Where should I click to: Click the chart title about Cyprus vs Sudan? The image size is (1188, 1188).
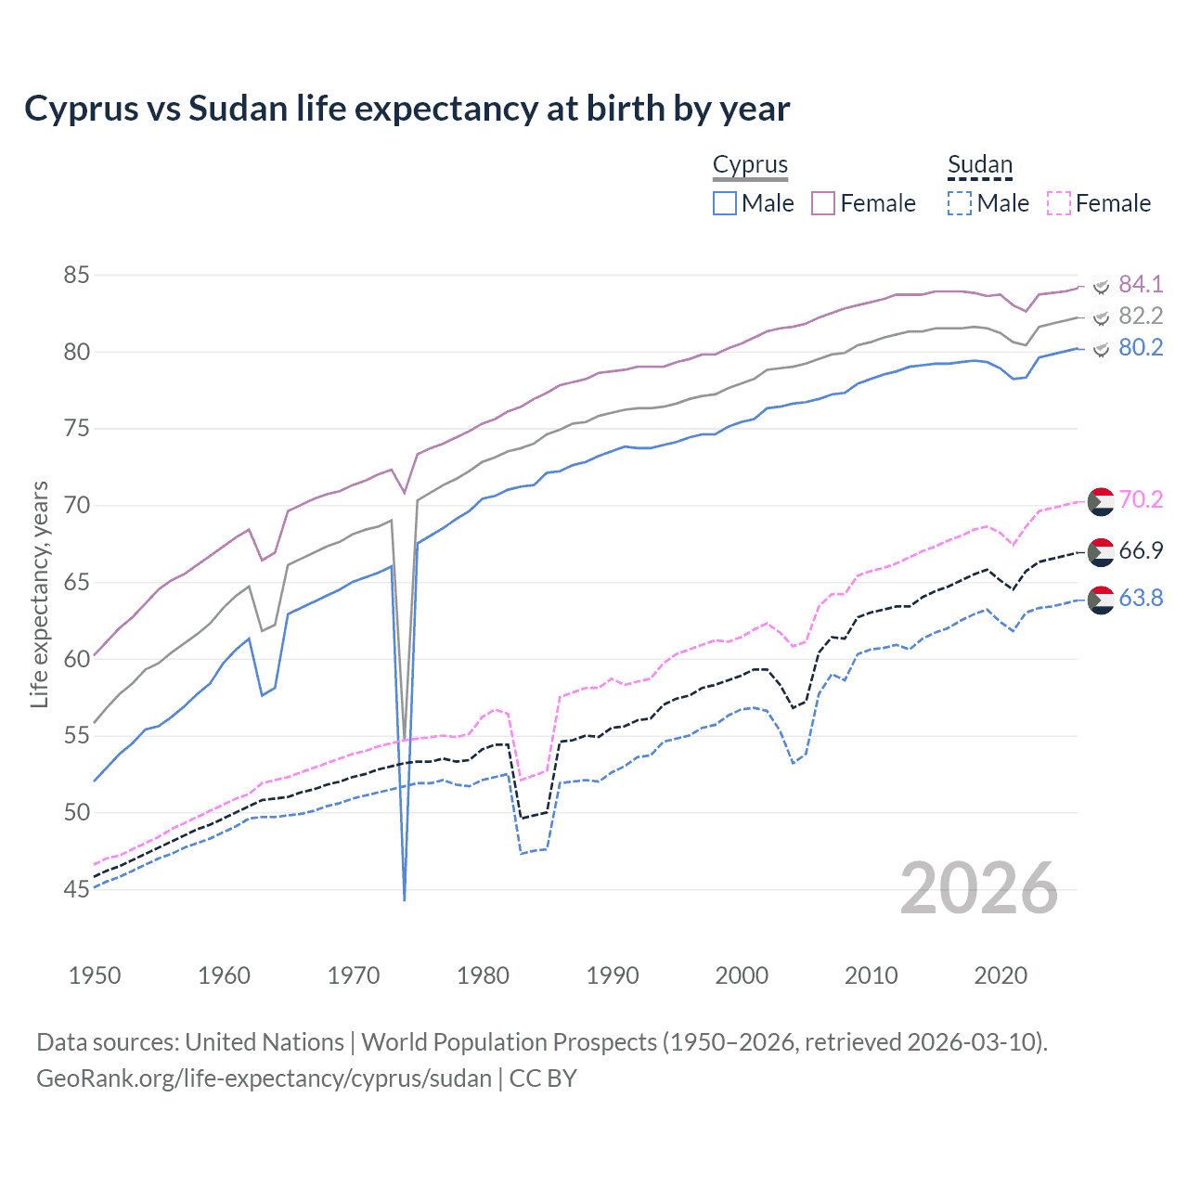(407, 109)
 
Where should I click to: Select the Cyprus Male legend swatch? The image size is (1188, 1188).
(725, 203)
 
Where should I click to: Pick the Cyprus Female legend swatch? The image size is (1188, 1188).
(823, 203)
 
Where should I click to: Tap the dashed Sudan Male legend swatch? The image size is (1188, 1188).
(960, 203)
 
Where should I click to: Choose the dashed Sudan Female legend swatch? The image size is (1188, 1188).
(1059, 203)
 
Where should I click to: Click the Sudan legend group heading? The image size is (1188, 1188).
(979, 165)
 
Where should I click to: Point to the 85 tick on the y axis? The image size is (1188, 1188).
(76, 276)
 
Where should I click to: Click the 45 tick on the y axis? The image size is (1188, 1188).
(76, 889)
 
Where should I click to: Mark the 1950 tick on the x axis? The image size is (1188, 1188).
(95, 975)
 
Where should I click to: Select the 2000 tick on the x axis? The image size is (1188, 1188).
(742, 975)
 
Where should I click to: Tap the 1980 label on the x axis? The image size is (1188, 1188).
(483, 975)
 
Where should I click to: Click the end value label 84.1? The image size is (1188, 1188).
(1140, 284)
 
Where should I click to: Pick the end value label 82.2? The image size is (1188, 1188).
(1140, 316)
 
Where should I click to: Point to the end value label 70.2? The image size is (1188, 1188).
(1140, 499)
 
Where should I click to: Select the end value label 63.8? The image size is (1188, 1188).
(1140, 598)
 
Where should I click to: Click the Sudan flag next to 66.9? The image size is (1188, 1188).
(1101, 550)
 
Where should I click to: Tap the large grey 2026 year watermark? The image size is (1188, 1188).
(978, 888)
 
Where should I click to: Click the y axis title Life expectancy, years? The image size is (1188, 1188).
(39, 594)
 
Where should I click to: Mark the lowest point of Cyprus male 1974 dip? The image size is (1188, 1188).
(405, 899)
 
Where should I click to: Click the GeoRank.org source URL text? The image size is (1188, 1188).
(264, 1078)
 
